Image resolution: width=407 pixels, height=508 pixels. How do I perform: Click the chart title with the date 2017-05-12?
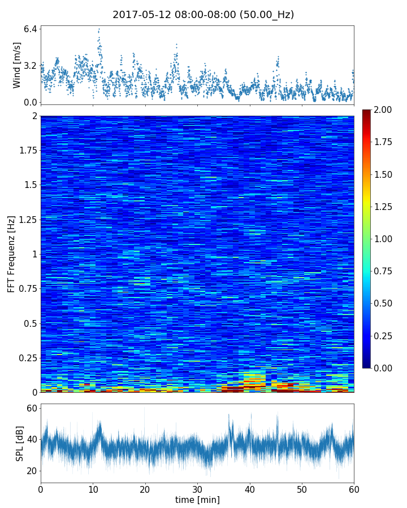tap(203, 15)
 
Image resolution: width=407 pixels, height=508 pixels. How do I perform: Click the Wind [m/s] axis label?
tap(17, 65)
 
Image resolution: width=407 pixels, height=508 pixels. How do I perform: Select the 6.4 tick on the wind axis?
tap(31, 29)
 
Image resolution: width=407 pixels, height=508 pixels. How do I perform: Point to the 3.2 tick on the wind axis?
tap(31, 65)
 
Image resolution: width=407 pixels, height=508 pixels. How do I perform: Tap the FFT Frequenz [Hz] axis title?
tap(11, 254)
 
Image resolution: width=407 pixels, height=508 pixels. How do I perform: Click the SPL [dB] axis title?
tap(20, 443)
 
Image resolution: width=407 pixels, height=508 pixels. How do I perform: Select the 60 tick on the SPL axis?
tap(32, 408)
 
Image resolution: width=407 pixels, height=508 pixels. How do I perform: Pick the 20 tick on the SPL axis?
tap(32, 471)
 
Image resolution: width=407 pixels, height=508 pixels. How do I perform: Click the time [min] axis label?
tap(197, 500)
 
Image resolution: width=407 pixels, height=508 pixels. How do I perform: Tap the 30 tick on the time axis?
tap(197, 488)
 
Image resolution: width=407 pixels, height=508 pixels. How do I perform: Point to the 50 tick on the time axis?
tap(302, 488)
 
